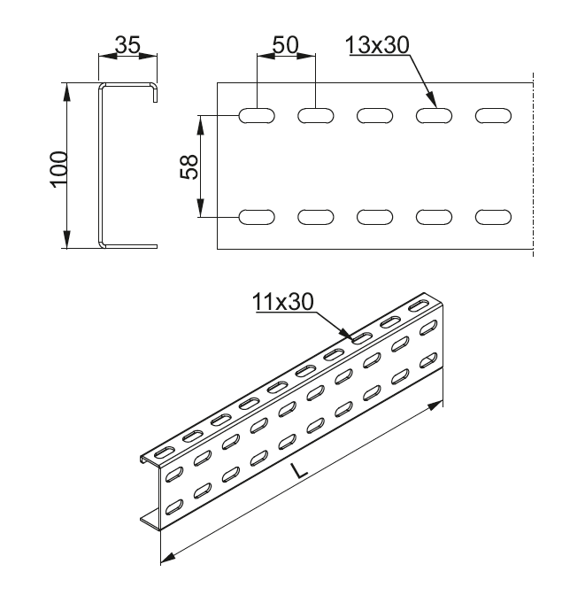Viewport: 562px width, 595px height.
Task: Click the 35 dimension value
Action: click(128, 46)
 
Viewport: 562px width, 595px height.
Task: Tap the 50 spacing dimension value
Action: click(285, 46)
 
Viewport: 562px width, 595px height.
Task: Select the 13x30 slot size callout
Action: click(380, 46)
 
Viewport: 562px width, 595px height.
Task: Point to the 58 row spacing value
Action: click(189, 166)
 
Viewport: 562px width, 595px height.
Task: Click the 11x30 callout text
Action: click(283, 302)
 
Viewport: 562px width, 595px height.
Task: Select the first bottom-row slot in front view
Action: click(257, 216)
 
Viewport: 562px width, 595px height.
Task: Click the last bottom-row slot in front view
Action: click(492, 216)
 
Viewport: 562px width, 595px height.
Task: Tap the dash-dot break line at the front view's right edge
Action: click(534, 168)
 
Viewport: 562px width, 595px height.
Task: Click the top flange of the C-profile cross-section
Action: click(129, 85)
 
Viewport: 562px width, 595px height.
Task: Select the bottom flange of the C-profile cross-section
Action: click(129, 245)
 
